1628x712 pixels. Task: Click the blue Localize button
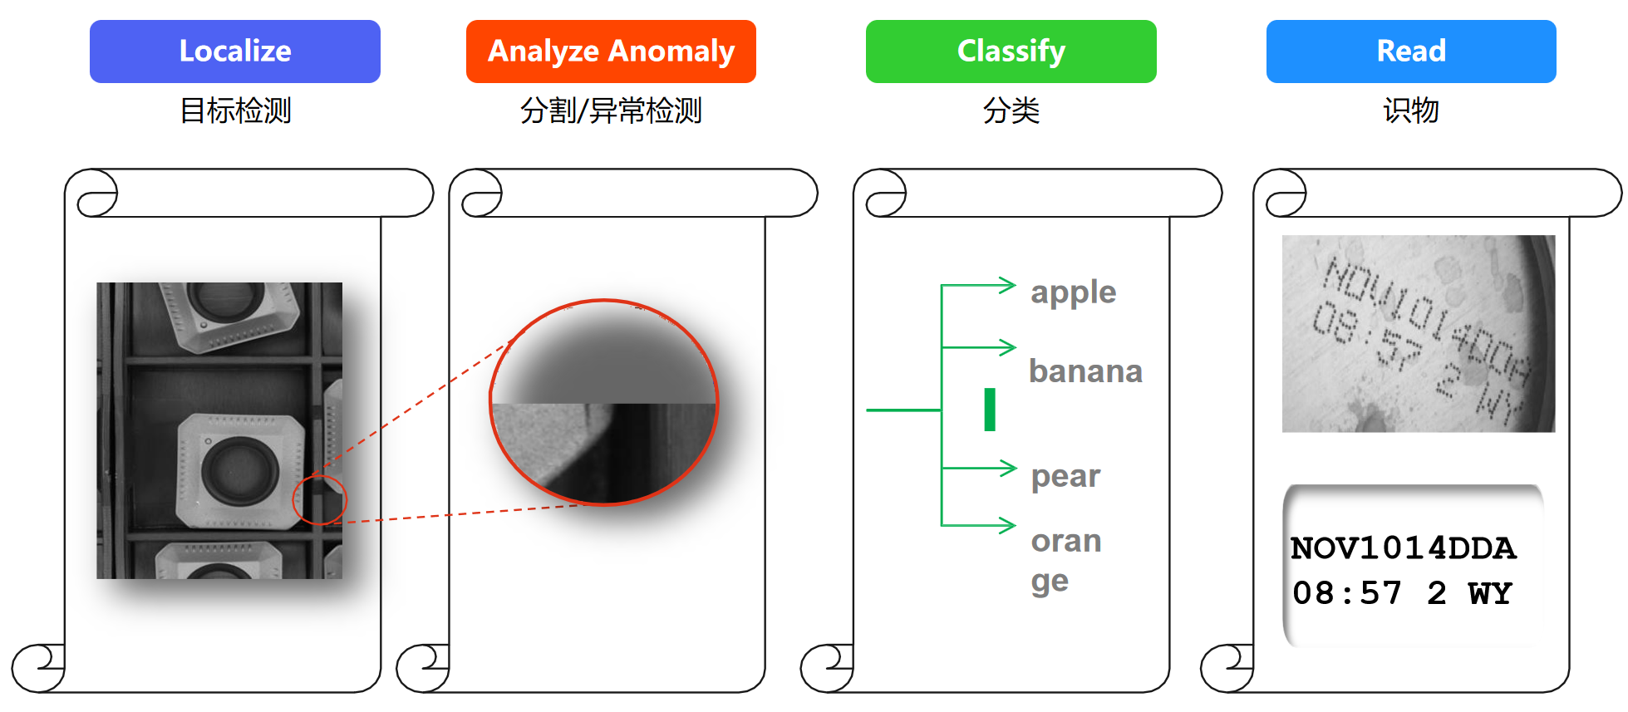click(x=235, y=52)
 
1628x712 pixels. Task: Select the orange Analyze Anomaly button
click(x=611, y=52)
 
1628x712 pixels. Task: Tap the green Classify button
click(x=1011, y=52)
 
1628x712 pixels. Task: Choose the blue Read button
click(x=1411, y=52)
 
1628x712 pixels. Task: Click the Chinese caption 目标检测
click(x=236, y=110)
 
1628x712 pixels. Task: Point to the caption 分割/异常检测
click(x=611, y=110)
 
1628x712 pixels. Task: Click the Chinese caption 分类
click(x=1011, y=110)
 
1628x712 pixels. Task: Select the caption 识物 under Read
click(x=1411, y=110)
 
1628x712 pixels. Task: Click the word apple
click(x=1073, y=293)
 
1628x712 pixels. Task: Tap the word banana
click(x=1085, y=371)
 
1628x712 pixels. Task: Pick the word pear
click(x=1065, y=477)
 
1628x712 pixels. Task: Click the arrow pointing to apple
click(x=978, y=286)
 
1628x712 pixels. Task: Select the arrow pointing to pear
click(x=979, y=469)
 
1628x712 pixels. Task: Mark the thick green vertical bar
click(x=990, y=410)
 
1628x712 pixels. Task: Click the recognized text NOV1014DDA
click(x=1403, y=548)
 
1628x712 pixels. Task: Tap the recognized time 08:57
click(x=1347, y=593)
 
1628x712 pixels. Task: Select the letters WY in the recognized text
click(x=1490, y=593)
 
